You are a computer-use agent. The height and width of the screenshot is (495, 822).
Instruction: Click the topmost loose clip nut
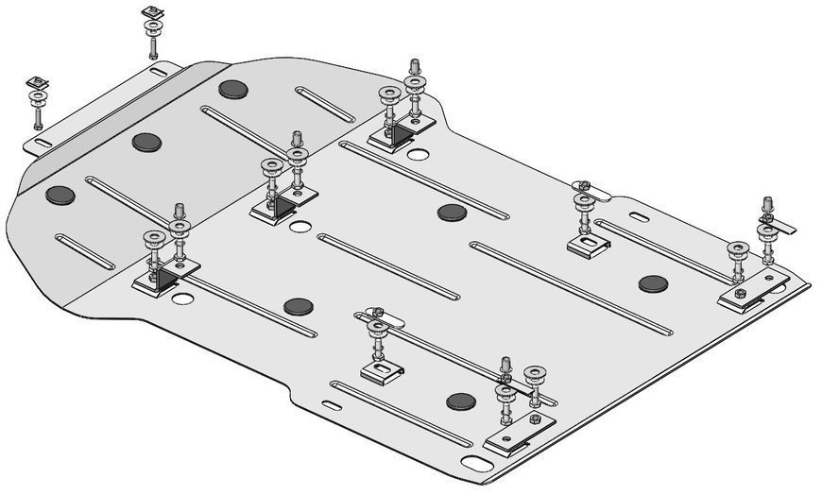tap(148, 12)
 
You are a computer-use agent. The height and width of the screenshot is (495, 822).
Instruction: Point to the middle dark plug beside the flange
tap(146, 143)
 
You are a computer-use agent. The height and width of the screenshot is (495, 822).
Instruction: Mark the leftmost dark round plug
tap(60, 195)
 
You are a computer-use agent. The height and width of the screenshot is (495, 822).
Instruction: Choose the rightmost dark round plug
tap(653, 283)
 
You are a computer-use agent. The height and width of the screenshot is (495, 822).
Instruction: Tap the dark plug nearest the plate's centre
tap(452, 212)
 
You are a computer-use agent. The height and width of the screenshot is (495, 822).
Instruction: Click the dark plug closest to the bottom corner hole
tap(460, 401)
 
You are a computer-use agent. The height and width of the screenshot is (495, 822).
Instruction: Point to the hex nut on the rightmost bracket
tap(740, 294)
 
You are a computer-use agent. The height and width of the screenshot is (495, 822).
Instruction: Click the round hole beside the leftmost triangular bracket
tap(183, 299)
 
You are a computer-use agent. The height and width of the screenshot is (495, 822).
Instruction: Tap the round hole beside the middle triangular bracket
tap(300, 227)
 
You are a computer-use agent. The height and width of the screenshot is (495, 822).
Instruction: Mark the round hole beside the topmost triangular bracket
tap(419, 154)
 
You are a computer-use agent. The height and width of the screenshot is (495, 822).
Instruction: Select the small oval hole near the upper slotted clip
tap(638, 218)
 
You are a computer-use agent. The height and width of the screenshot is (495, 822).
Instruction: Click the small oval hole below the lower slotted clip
tap(331, 406)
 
